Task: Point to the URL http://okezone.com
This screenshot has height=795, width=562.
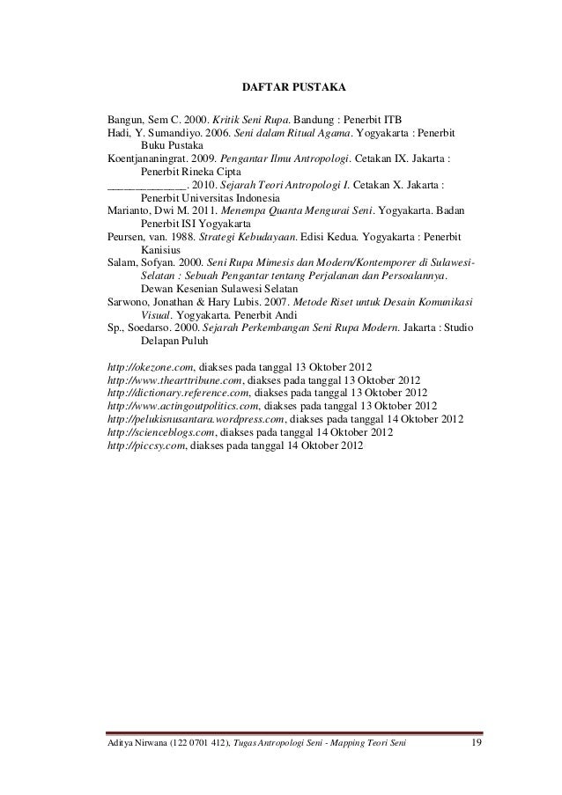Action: coord(150,365)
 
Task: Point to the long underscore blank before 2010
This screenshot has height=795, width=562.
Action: coord(146,187)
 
